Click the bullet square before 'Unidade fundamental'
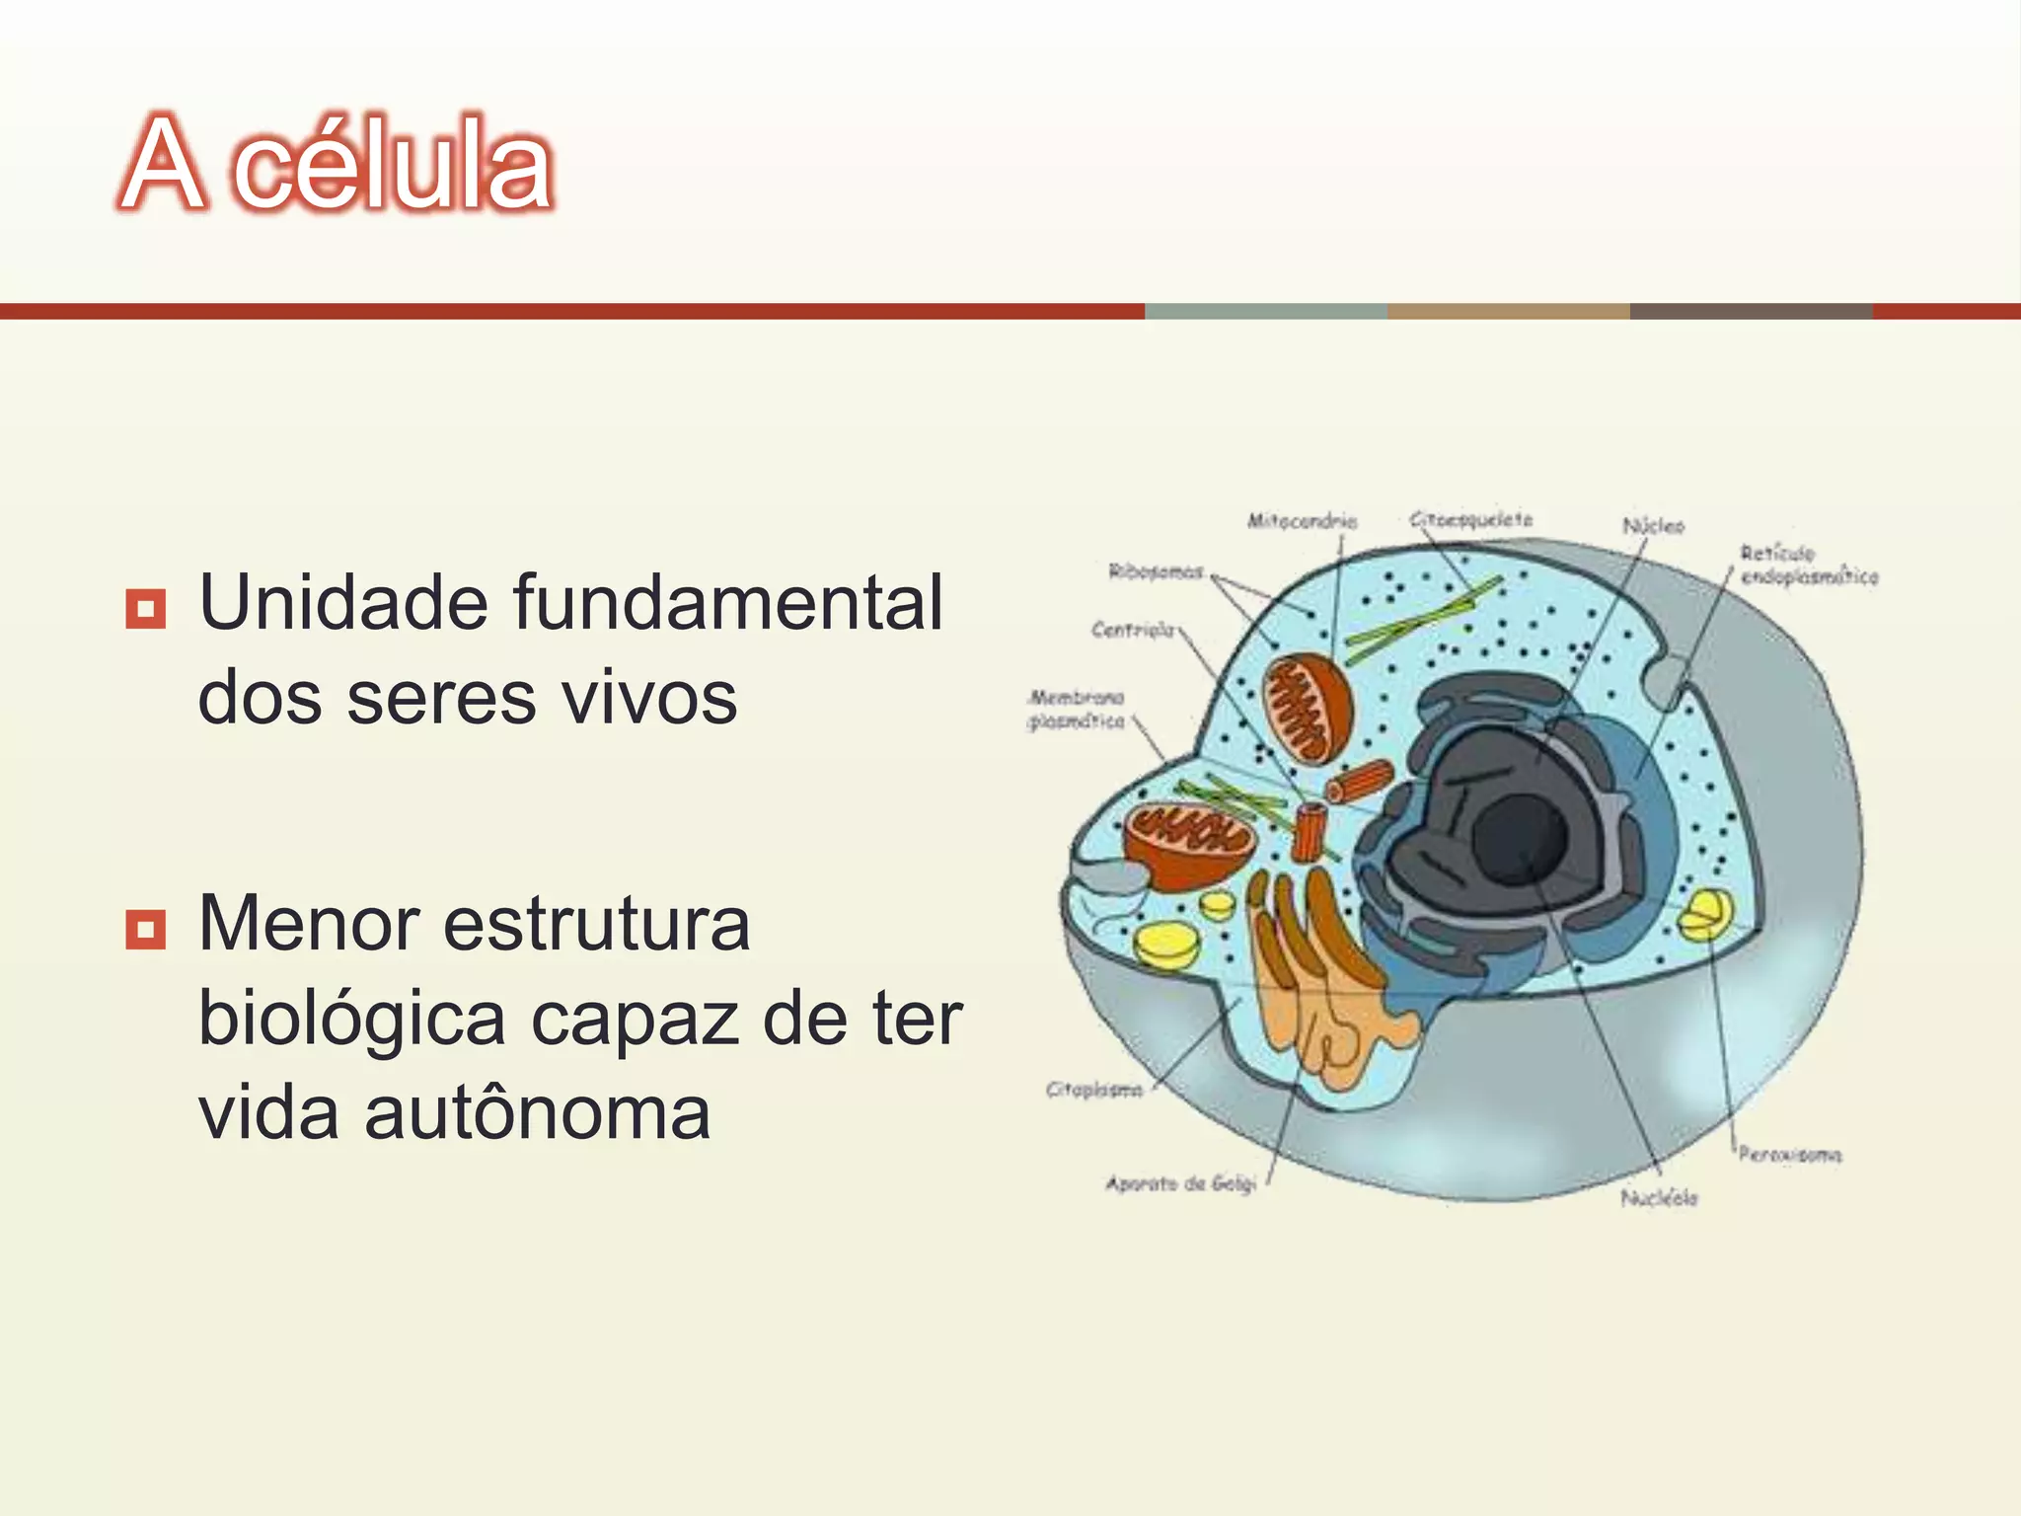(145, 609)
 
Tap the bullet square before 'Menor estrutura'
(145, 929)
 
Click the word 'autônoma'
(537, 1112)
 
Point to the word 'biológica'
(351, 1019)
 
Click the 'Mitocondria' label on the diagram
(1302, 520)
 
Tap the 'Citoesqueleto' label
(1470, 519)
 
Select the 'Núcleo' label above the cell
(1654, 526)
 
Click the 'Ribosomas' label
(1156, 571)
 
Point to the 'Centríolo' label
(1133, 629)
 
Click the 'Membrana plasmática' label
(1076, 710)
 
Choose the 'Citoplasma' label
(1093, 1090)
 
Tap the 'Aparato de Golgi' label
(1180, 1182)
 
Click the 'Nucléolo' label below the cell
(1659, 1198)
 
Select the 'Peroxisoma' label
(1789, 1154)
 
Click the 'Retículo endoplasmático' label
(1808, 565)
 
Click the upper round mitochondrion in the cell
(1309, 709)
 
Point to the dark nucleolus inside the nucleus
(1520, 839)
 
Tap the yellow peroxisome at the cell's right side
(1704, 914)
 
